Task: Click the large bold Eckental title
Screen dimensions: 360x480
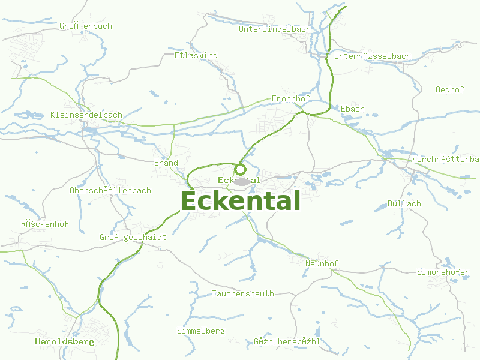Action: pos(240,201)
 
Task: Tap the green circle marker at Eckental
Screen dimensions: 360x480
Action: pos(240,170)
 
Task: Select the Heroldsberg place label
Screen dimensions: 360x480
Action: pos(64,342)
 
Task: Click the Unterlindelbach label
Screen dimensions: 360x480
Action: pos(275,29)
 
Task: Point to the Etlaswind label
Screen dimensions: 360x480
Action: pos(196,56)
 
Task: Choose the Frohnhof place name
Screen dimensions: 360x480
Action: pos(290,98)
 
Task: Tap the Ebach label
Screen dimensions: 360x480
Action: pos(353,109)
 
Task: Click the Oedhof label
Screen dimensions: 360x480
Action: pos(449,90)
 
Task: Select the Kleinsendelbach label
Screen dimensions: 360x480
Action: pos(86,115)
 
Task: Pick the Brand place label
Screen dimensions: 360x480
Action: pos(166,163)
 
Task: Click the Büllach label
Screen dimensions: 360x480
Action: pos(404,204)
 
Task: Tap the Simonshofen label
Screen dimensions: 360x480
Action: pos(443,272)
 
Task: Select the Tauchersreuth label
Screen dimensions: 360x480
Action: pos(243,294)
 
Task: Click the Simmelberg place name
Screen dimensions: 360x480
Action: pos(201,331)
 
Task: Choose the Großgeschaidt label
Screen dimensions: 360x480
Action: pos(133,238)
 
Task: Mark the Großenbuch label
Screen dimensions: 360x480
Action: pos(86,26)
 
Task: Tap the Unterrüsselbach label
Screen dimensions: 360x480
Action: pos(373,56)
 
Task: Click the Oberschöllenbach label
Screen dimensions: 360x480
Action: pos(110,191)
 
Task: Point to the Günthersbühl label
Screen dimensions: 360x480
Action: pos(287,342)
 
